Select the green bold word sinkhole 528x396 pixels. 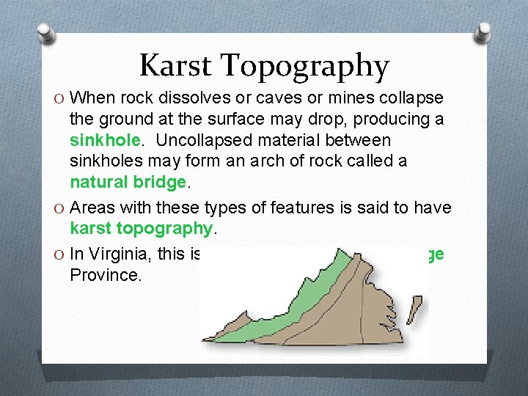tap(103, 139)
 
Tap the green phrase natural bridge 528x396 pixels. tap(128, 180)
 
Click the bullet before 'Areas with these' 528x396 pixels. tap(59, 208)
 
